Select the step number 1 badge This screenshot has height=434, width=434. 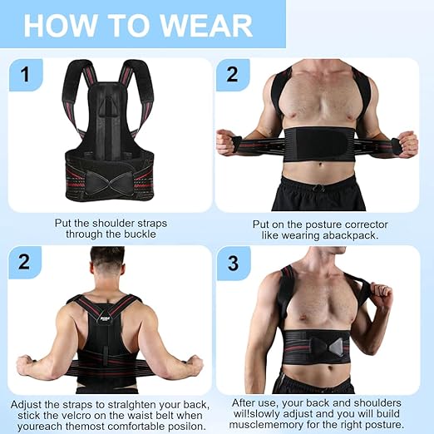[x=26, y=75]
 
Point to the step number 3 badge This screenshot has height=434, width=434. [x=233, y=264]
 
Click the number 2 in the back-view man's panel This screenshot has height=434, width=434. [x=26, y=264]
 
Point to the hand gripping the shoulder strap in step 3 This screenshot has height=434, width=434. [x=383, y=295]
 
